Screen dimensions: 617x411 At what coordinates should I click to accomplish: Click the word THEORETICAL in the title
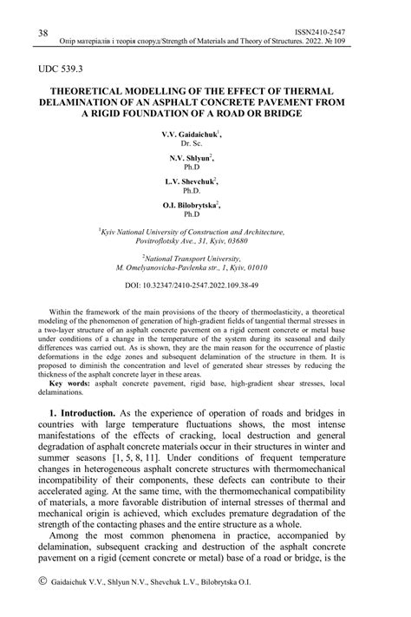[98, 89]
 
